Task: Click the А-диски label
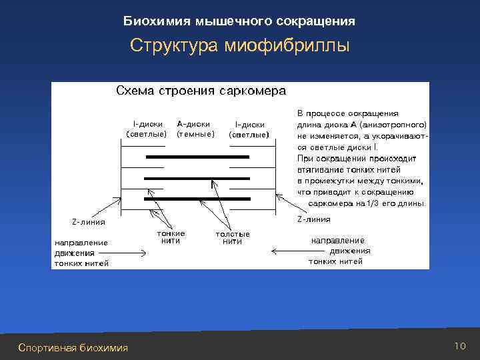[194, 123]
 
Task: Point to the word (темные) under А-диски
[195, 133]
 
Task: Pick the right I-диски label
[249, 123]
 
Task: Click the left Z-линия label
[88, 221]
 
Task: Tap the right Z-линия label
[313, 219]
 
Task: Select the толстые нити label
[233, 237]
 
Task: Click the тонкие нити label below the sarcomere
[171, 237]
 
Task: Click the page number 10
[459, 345]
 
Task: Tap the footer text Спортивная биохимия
[73, 347]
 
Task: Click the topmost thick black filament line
[197, 157]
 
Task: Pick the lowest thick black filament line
[197, 199]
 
